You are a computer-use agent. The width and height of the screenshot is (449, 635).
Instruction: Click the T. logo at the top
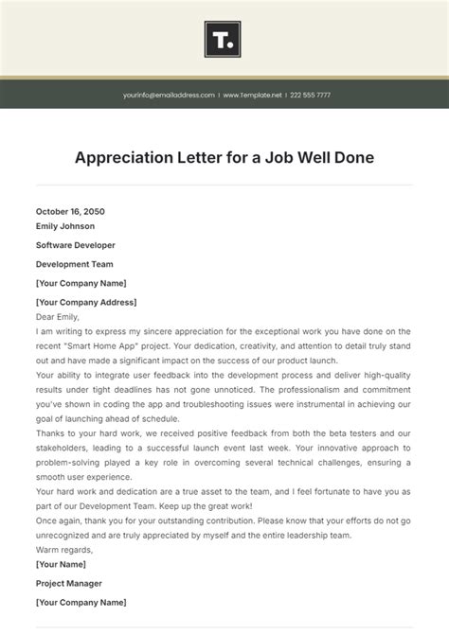(x=224, y=40)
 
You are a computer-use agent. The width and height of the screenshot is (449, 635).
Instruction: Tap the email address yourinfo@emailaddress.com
(x=169, y=96)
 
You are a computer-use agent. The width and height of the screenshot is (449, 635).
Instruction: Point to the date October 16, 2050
(x=70, y=212)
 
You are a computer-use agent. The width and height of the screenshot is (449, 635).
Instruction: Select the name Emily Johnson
(x=66, y=226)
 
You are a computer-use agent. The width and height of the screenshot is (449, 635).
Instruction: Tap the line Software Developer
(x=74, y=245)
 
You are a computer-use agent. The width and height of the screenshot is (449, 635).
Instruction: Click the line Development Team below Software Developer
(x=74, y=264)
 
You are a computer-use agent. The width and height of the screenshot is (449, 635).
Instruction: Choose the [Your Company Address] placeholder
(x=86, y=302)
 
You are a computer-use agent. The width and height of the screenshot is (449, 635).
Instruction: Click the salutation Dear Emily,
(x=58, y=317)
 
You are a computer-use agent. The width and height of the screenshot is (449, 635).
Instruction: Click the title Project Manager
(x=69, y=583)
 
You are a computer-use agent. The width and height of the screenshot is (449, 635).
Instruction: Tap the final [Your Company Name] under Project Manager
(x=81, y=602)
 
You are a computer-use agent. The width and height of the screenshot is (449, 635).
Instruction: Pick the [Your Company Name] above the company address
(x=81, y=283)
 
